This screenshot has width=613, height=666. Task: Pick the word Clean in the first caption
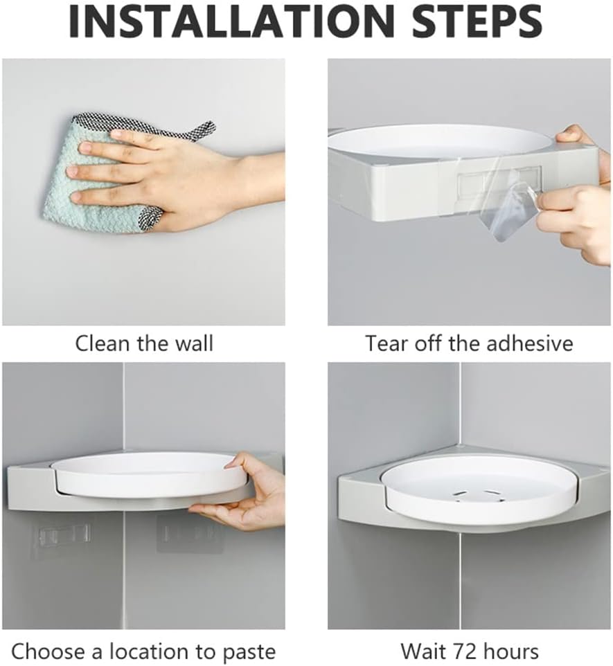[x=98, y=343]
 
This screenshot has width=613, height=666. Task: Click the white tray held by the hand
[x=149, y=474]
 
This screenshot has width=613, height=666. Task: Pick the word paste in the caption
[x=248, y=651]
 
